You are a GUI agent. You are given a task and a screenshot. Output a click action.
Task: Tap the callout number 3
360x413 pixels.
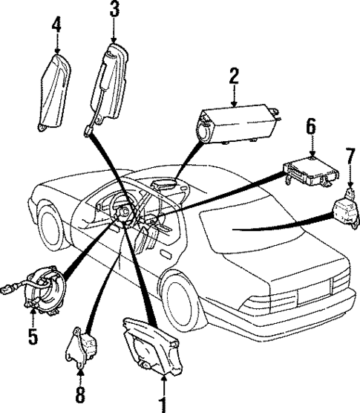114,10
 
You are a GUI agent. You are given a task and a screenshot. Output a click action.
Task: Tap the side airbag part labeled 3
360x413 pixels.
108,82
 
